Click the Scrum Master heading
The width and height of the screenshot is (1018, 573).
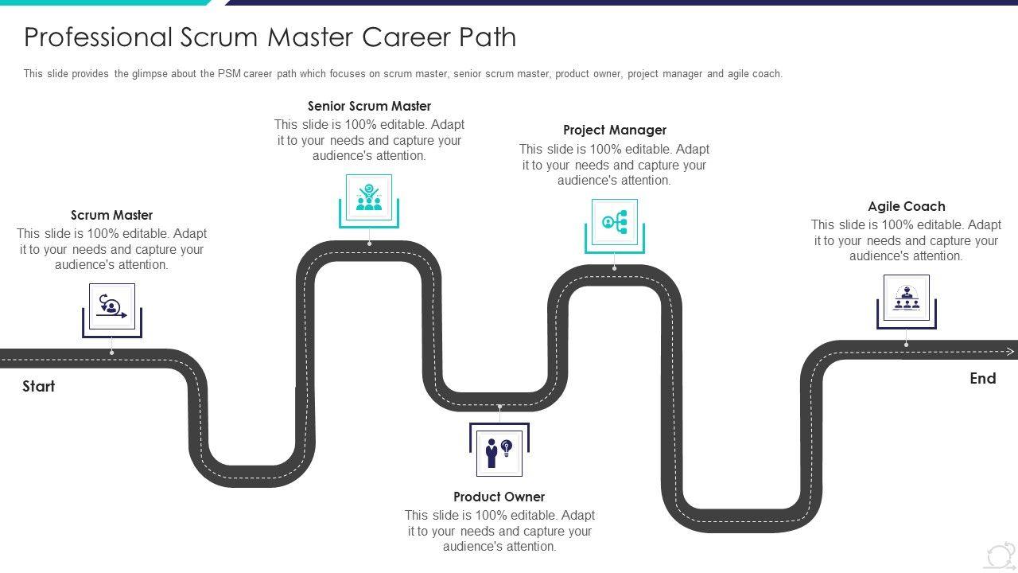click(x=111, y=215)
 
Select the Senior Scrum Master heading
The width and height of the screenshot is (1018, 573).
click(x=369, y=106)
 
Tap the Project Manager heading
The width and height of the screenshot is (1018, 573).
click(x=615, y=130)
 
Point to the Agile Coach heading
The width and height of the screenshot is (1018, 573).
click(x=907, y=206)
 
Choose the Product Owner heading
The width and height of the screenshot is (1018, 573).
click(x=499, y=497)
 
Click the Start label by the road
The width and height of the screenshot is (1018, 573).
click(x=38, y=386)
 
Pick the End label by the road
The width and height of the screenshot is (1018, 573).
click(x=983, y=378)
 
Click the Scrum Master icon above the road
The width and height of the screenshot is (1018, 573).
click(x=111, y=306)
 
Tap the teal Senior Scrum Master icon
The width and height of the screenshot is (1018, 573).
click(x=369, y=197)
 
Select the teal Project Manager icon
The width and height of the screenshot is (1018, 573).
click(x=615, y=221)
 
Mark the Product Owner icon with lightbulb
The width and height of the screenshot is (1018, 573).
click(x=499, y=452)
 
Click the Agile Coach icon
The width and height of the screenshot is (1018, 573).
click(x=907, y=298)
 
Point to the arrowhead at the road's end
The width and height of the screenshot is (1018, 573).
click(x=1011, y=351)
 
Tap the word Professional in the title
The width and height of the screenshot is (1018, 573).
click(x=98, y=37)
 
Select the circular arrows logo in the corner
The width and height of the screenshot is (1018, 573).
click(x=1000, y=555)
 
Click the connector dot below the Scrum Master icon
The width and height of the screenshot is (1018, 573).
click(x=111, y=352)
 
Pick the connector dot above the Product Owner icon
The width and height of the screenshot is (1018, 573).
click(x=499, y=407)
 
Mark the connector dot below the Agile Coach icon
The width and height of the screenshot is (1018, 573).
click(x=907, y=344)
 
